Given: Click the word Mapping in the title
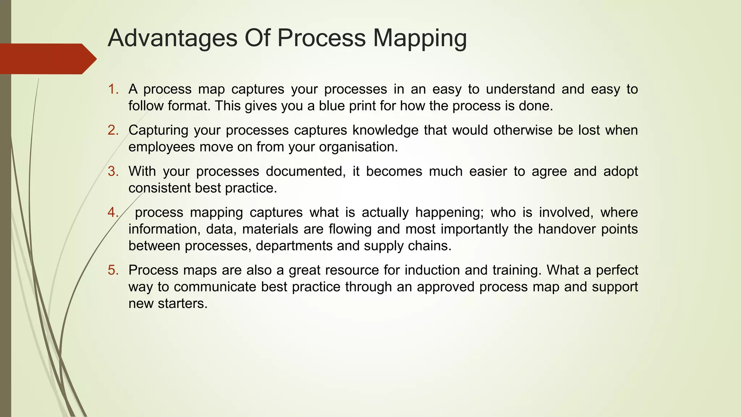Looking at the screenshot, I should (x=420, y=38).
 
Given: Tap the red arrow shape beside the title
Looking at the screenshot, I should (x=47, y=59).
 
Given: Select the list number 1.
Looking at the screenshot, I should (x=113, y=89).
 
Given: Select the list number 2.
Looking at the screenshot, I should (x=113, y=130).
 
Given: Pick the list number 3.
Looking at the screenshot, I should (x=113, y=171).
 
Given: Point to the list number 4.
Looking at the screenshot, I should (x=113, y=212).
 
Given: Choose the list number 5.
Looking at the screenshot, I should (x=113, y=270).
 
